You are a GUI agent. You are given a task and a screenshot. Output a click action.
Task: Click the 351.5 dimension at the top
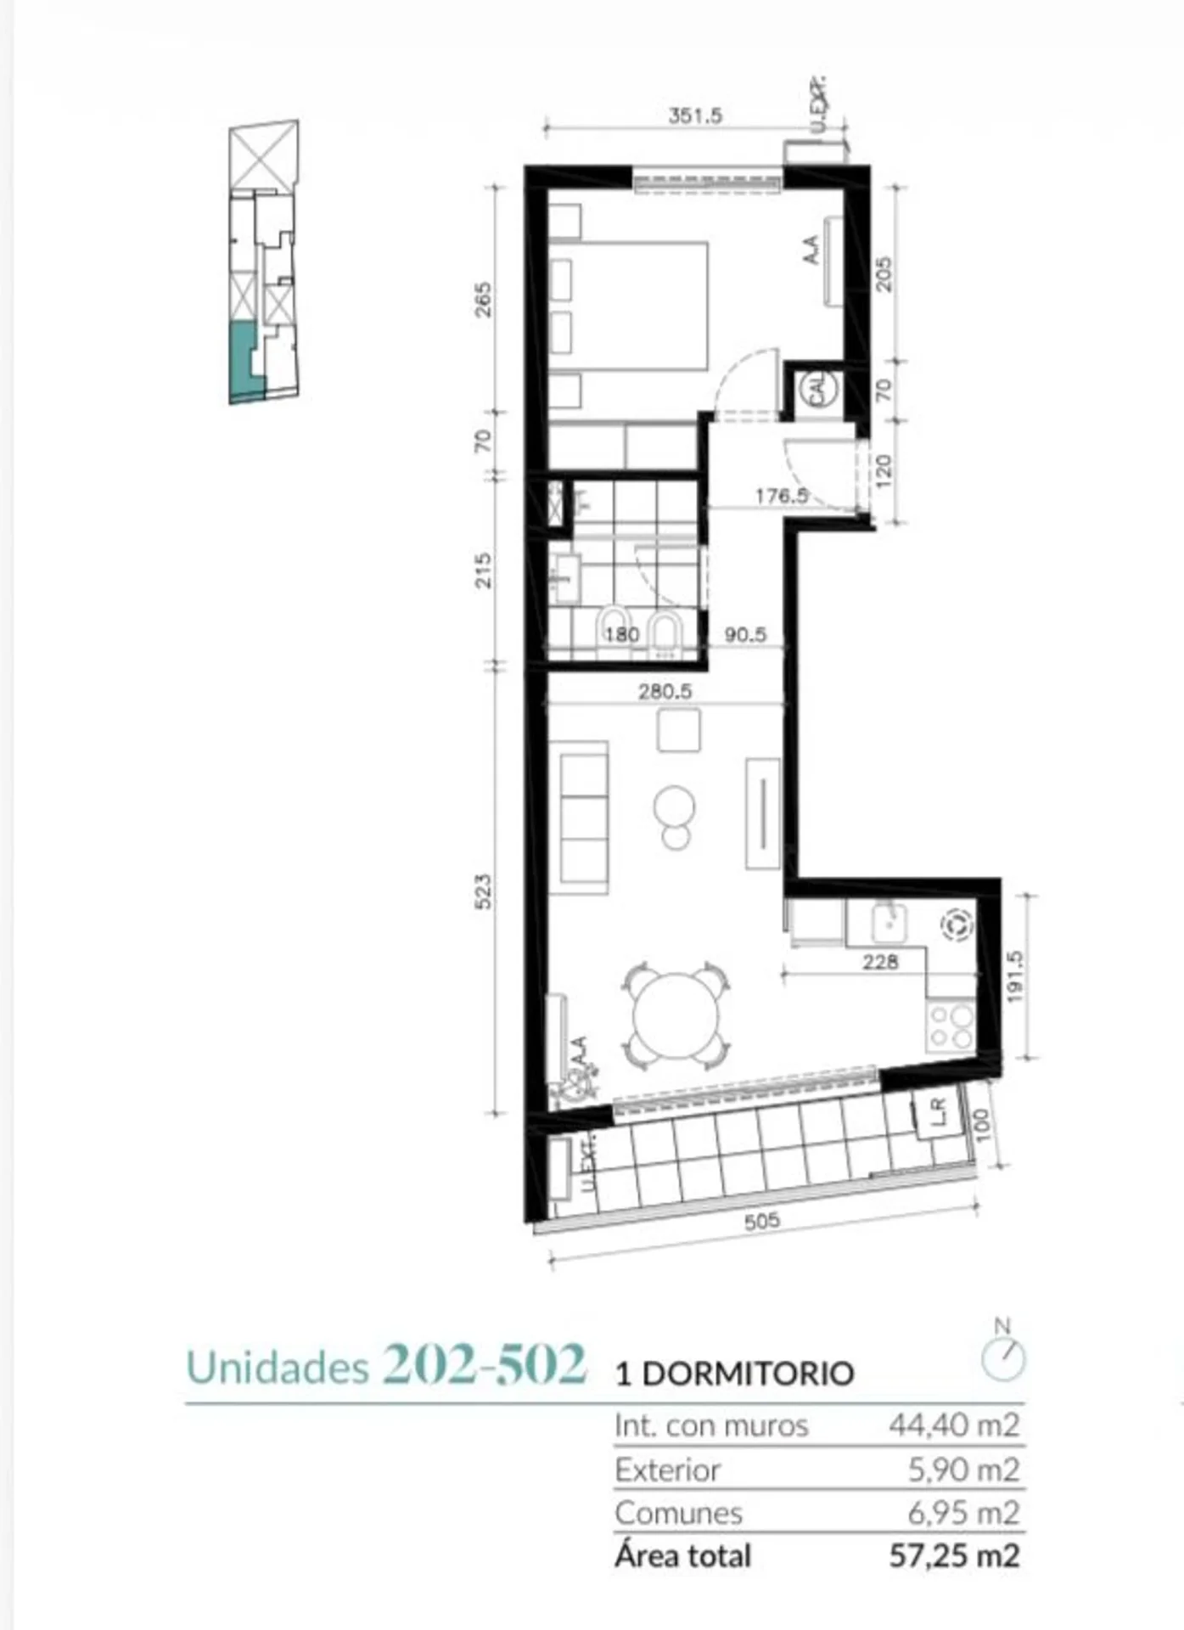click(695, 115)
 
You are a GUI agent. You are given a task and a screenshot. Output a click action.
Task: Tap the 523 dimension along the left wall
click(482, 891)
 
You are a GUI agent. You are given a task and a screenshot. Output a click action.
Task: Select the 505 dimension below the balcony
click(761, 1222)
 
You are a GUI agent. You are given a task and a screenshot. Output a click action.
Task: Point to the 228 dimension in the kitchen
click(880, 962)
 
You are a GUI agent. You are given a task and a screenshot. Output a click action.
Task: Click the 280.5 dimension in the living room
click(665, 691)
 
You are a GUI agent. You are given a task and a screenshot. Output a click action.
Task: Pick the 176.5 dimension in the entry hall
click(783, 495)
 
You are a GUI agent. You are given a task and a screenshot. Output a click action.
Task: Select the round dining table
click(676, 1015)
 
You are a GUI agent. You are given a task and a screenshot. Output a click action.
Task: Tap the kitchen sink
click(889, 923)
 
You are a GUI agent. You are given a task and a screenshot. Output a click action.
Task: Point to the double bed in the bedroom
click(629, 306)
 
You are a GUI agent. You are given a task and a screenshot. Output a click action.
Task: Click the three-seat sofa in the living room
click(583, 818)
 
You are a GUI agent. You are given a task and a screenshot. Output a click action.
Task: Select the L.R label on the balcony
click(936, 1112)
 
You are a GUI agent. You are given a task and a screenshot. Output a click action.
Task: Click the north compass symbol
click(1003, 1352)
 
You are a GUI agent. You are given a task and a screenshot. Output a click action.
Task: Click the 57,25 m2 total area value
click(954, 1555)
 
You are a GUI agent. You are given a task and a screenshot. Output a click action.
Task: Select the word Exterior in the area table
click(668, 1470)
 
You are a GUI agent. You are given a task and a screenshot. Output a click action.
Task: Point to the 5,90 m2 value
click(963, 1470)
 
